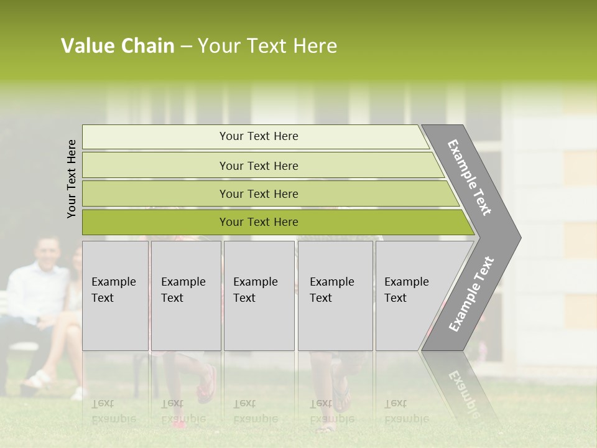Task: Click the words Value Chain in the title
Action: pyautogui.click(x=118, y=46)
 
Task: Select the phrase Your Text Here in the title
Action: pyautogui.click(x=267, y=46)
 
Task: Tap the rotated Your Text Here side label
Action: pyautogui.click(x=72, y=179)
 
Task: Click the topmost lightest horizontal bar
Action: pyautogui.click(x=255, y=136)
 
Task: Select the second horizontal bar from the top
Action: pyautogui.click(x=261, y=166)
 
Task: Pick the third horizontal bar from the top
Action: pyautogui.click(x=267, y=194)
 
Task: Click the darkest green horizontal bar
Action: pyautogui.click(x=274, y=222)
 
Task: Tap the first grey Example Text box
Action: pyautogui.click(x=115, y=296)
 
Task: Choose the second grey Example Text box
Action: pyautogui.click(x=185, y=296)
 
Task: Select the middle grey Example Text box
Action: pyautogui.click(x=259, y=296)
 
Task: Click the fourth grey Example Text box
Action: pyautogui.click(x=335, y=296)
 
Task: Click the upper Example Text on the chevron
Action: pyautogui.click(x=470, y=177)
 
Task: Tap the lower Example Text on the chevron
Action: pyautogui.click(x=471, y=294)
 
